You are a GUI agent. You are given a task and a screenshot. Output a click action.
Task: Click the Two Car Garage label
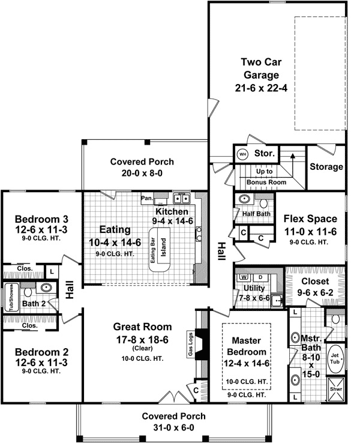260,68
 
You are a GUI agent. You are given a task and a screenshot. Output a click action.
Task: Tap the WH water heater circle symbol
242,154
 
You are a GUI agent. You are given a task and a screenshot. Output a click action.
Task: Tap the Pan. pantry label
146,197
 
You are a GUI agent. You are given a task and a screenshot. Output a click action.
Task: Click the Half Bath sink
245,199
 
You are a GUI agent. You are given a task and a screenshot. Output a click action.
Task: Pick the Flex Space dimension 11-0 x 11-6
310,231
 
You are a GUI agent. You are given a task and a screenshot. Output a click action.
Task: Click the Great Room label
142,327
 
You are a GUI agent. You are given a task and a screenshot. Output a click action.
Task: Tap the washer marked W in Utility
244,277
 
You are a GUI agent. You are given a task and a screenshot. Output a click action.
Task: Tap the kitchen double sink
181,198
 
